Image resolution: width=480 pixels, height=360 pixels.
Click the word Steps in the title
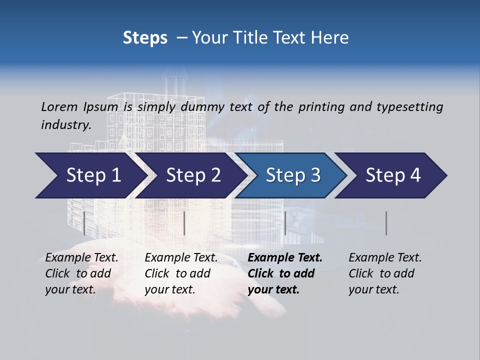click(145, 38)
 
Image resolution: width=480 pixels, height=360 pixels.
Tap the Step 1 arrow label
click(94, 175)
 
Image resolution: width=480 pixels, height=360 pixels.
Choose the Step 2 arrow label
click(193, 175)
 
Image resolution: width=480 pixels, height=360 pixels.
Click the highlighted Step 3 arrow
click(293, 175)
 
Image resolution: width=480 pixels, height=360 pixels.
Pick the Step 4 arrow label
click(393, 175)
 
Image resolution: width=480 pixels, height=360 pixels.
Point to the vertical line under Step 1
click(84, 223)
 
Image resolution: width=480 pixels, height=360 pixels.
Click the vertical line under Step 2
click(184, 223)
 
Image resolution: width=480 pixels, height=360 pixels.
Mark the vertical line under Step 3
click(285, 223)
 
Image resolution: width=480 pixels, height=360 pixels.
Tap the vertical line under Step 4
click(386, 223)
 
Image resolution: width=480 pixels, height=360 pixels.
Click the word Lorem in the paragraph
click(59, 107)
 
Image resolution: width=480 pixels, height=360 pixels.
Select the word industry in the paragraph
click(66, 125)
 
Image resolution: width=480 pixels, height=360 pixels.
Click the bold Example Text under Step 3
click(285, 258)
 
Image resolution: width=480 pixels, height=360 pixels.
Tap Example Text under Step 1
click(81, 258)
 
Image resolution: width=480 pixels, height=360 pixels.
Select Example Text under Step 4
click(385, 258)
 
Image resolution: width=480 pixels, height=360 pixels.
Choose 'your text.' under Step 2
click(169, 289)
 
